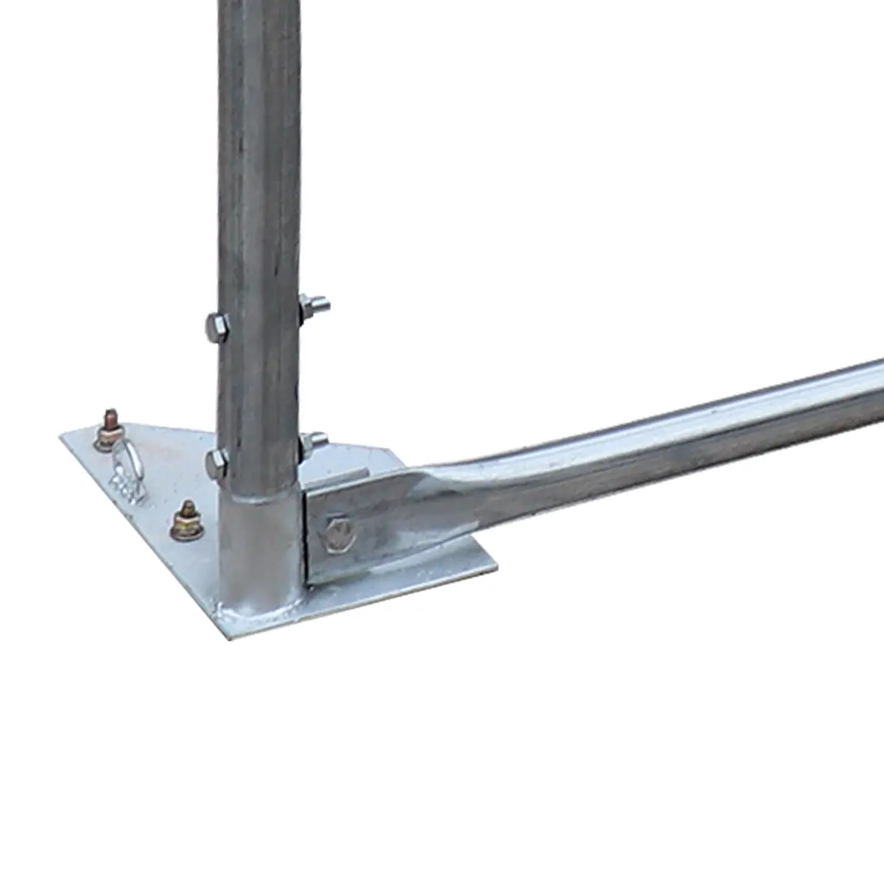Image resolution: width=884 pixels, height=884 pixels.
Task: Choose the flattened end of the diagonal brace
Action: pyautogui.click(x=383, y=516)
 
